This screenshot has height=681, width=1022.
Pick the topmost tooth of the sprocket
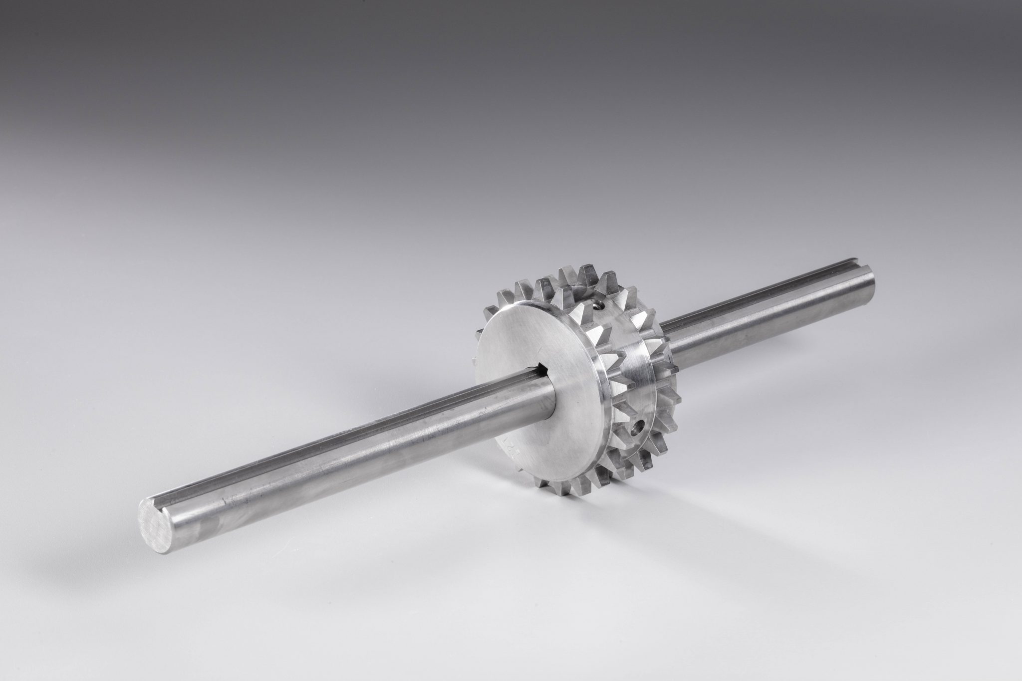(570, 278)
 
